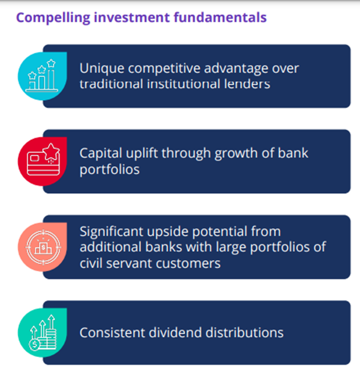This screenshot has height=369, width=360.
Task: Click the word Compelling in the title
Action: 53,18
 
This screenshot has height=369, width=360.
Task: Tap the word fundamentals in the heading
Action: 220,17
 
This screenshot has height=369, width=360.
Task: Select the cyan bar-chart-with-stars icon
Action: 42,76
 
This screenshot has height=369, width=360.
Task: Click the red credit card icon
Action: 42,161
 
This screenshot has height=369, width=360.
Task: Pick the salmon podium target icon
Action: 42,247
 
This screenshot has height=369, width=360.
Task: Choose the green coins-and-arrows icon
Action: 42,332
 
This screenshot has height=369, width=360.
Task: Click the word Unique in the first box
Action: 102,68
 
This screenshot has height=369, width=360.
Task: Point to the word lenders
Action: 247,84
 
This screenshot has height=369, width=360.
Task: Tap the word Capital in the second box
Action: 100,154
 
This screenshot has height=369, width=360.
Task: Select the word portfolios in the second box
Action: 109,169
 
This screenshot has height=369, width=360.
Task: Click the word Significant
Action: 111,232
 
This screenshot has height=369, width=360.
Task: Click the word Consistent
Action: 112,333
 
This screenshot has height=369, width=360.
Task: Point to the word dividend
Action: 175,332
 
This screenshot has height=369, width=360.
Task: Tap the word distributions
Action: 244,332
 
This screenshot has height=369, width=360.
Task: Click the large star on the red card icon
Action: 51,151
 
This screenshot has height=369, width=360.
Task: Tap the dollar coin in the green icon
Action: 35,344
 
